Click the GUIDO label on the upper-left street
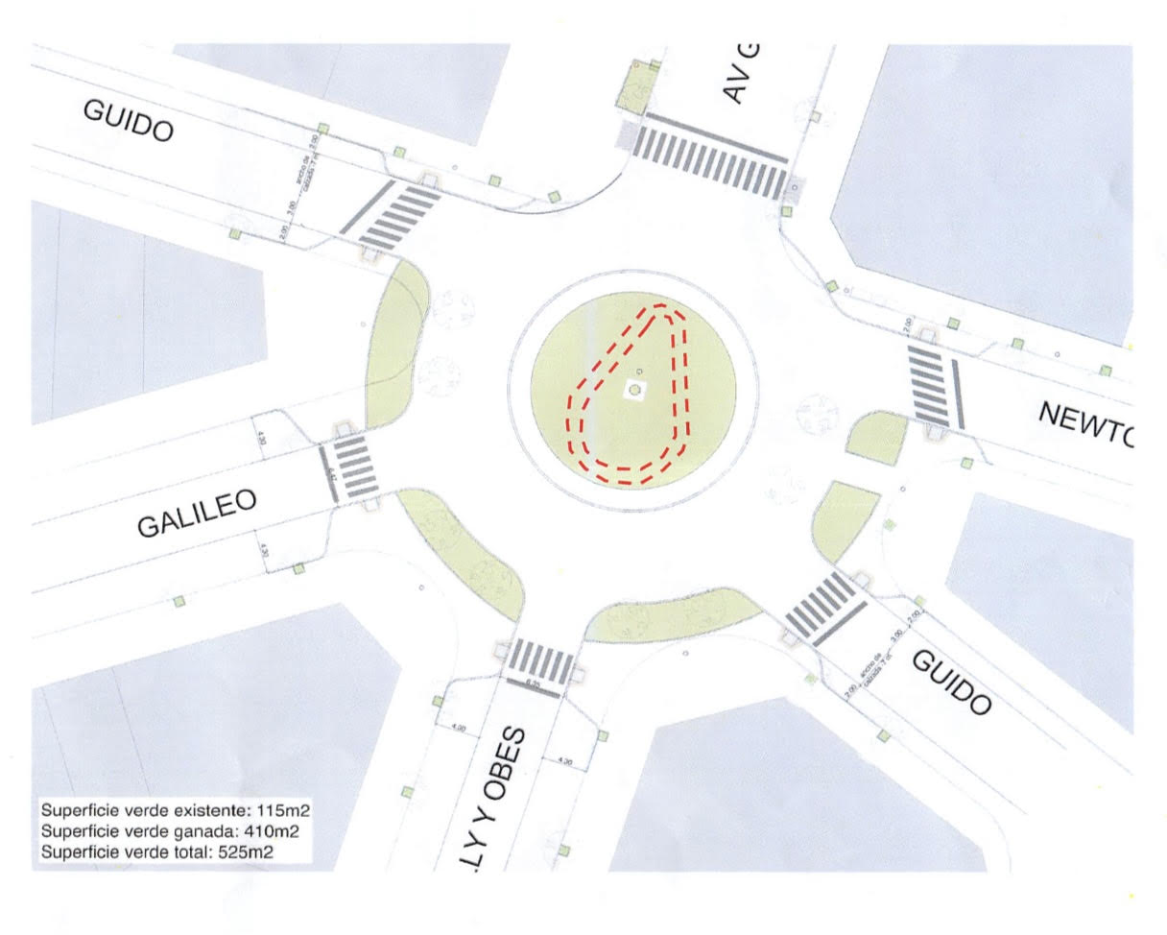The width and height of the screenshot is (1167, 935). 130,121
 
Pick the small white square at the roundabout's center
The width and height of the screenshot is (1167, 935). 635,390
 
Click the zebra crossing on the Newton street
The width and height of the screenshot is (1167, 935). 929,386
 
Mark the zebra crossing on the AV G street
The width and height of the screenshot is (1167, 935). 711,157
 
